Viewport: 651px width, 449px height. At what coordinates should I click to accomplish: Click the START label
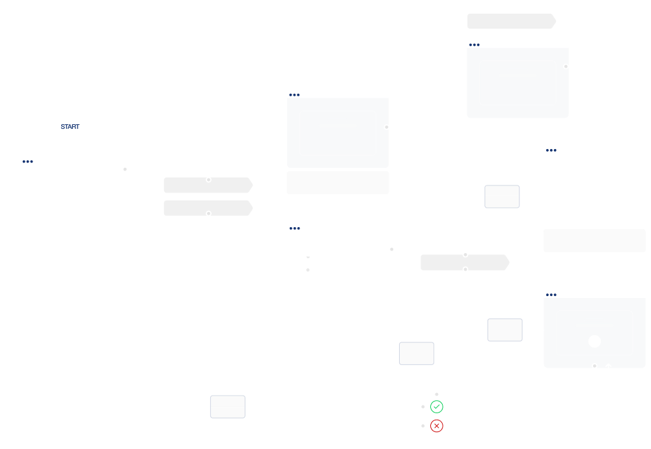[x=70, y=126]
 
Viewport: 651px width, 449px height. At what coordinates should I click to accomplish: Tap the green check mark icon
[x=437, y=407]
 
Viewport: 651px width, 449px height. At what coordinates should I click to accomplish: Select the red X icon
[x=437, y=426]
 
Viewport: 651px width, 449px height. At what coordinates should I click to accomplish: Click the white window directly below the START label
[x=71, y=198]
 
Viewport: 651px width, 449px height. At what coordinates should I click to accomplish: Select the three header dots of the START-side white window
[x=27, y=161]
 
